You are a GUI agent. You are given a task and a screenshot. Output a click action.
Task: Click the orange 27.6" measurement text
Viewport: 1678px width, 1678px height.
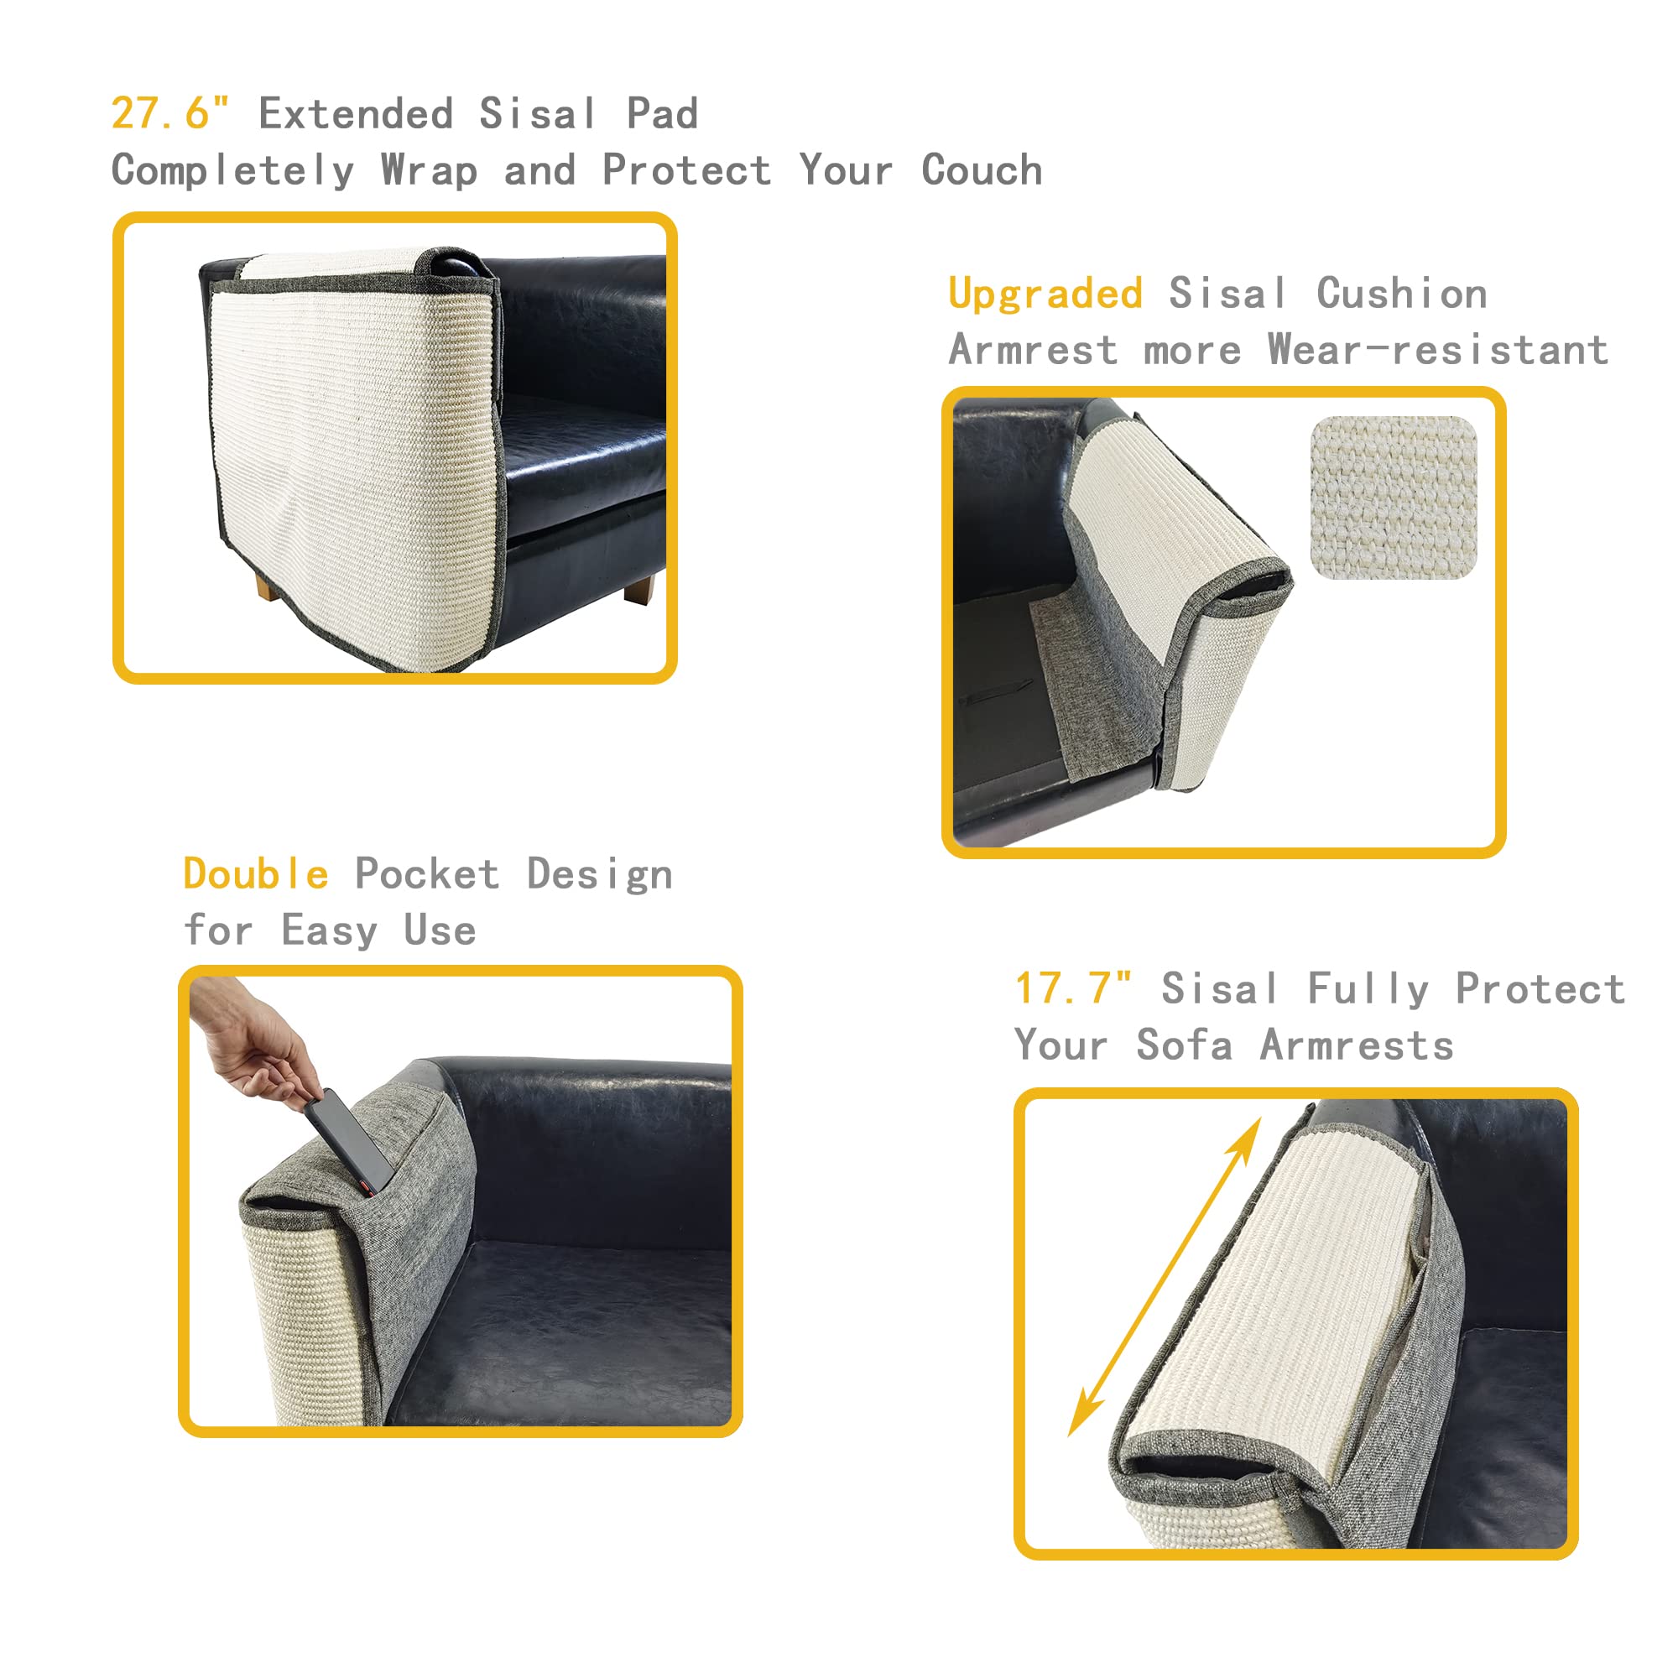[x=170, y=113]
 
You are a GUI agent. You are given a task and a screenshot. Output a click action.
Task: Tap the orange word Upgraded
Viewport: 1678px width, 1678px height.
[x=1045, y=294]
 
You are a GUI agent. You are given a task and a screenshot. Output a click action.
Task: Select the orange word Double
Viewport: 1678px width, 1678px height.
[x=256, y=873]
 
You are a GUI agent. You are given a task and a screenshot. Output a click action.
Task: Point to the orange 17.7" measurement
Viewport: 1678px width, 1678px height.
[x=1074, y=988]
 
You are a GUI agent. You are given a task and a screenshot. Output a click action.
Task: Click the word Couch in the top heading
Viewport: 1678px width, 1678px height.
[x=982, y=170]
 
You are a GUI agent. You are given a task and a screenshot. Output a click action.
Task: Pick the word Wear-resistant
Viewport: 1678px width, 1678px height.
[x=1437, y=350]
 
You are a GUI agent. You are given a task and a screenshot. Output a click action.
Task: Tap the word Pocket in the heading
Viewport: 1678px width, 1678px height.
[x=427, y=873]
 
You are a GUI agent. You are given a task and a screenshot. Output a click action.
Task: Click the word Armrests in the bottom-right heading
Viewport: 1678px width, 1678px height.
[x=1357, y=1045]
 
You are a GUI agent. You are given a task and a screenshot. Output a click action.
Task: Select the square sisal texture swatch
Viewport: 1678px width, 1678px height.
[x=1393, y=497]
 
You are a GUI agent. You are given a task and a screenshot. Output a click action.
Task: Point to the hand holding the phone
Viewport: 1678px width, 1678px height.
[x=252, y=1042]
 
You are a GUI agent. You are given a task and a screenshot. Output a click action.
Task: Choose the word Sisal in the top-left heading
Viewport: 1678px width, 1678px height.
[x=538, y=114]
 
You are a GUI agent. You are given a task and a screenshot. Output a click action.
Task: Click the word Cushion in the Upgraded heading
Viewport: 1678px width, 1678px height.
[x=1401, y=294]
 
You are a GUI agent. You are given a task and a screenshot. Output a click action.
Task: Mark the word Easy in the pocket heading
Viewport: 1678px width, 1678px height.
[x=329, y=930]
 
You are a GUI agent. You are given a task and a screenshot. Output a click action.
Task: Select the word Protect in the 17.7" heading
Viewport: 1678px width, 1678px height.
[x=1540, y=988]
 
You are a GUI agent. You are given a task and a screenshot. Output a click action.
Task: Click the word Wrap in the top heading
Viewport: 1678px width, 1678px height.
[x=429, y=170]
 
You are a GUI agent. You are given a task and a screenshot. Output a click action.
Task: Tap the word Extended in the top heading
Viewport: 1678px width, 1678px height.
[x=355, y=114]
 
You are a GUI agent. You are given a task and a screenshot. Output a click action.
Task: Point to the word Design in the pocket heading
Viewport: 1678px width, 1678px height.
[x=599, y=873]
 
